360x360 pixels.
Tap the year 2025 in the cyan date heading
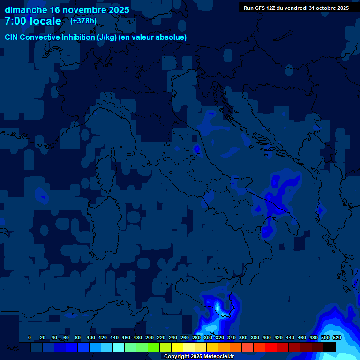point(117,10)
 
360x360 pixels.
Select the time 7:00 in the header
point(16,21)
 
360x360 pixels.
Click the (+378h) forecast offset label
point(83,21)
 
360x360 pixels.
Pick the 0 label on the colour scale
point(30,337)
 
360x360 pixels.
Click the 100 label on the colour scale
point(91,337)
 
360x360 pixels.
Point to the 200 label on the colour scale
point(150,337)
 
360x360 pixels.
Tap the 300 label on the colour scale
point(208,337)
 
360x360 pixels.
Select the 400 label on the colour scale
point(267,337)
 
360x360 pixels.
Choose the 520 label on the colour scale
point(337,337)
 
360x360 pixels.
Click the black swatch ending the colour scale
point(330,347)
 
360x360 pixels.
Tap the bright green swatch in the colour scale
point(154,347)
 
